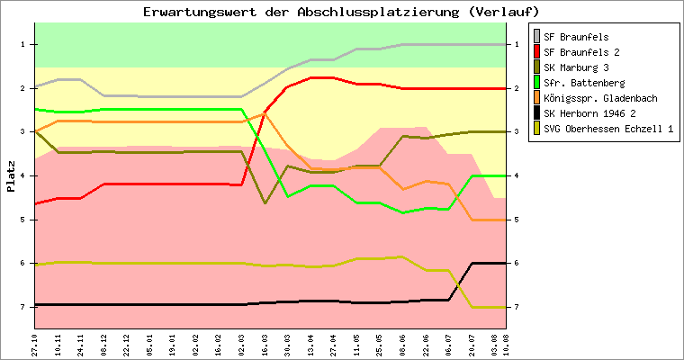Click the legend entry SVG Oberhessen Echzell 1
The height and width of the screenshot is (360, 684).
pos(608,129)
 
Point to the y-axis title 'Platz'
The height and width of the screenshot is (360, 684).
pos(11,175)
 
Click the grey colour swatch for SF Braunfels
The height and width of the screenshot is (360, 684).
pos(537,37)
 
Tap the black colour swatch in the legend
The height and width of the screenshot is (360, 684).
pos(537,113)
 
